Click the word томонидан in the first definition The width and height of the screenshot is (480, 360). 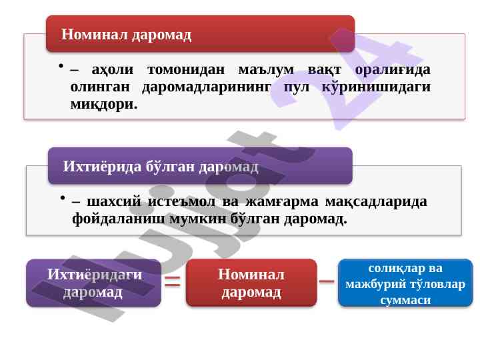[x=186, y=69]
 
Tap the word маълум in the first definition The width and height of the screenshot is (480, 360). [x=266, y=70]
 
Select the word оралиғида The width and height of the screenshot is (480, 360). [x=393, y=70]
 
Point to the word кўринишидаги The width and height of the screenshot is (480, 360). [x=376, y=87]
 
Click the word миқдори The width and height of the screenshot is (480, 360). [x=104, y=105]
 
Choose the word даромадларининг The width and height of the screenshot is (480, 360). [x=207, y=87]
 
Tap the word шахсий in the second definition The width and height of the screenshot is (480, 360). [x=114, y=202]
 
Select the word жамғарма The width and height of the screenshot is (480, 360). [x=281, y=202]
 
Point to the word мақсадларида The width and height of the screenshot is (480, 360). [x=376, y=202]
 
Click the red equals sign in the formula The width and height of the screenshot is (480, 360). [x=173, y=281]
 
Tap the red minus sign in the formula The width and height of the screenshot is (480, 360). [x=327, y=281]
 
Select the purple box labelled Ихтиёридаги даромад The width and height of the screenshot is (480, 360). [x=93, y=283]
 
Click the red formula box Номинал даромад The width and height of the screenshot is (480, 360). [x=251, y=283]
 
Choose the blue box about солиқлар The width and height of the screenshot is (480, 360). [x=405, y=283]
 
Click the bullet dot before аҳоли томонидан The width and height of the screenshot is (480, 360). [x=61, y=65]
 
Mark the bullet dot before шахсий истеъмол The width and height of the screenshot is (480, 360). [x=63, y=198]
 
